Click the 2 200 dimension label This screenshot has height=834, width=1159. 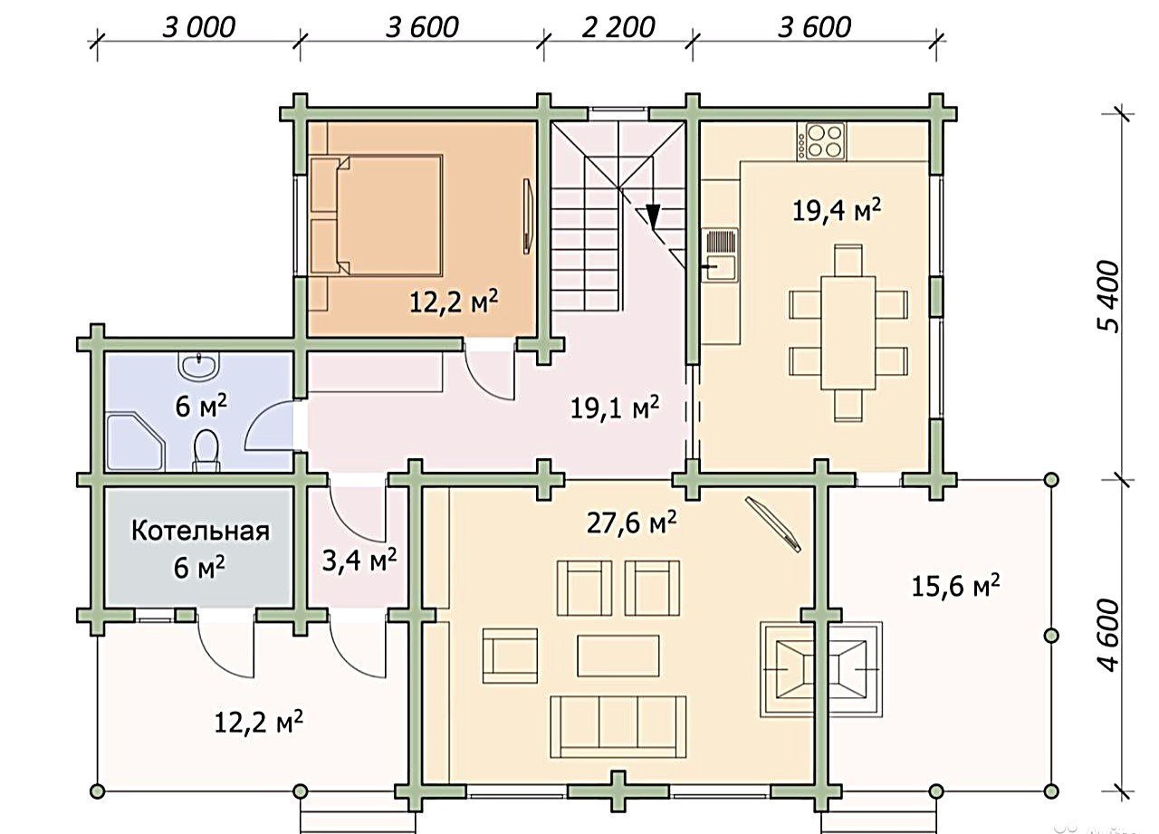(x=618, y=27)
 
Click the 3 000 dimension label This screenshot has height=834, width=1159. (x=198, y=27)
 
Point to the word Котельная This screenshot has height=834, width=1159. (x=200, y=532)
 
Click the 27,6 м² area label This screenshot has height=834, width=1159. (x=631, y=522)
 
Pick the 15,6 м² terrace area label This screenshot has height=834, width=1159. (x=955, y=586)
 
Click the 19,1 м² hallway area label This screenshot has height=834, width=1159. (x=615, y=408)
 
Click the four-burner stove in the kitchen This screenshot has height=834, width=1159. (x=821, y=140)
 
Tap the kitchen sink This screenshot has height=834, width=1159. (x=720, y=254)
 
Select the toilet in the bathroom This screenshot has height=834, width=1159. (x=206, y=449)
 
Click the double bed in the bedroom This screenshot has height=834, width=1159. (x=377, y=215)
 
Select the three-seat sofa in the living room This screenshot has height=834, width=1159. (x=618, y=727)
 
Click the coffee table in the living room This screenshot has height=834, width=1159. (x=618, y=656)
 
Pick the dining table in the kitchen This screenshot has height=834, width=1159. (x=848, y=333)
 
